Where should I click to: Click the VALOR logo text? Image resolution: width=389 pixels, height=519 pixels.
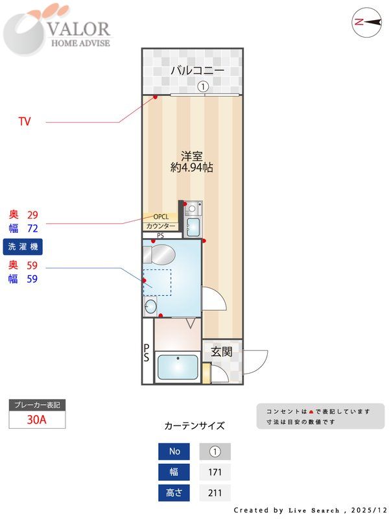pyautogui.click(x=79, y=29)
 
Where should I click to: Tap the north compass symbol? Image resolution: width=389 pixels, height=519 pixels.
pyautogui.click(x=366, y=21)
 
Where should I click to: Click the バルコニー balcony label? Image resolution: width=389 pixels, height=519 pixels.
pyautogui.click(x=197, y=71)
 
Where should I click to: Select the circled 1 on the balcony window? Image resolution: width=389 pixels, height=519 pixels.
pyautogui.click(x=202, y=86)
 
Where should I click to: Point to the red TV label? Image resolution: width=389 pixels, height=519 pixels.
pyautogui.click(x=25, y=121)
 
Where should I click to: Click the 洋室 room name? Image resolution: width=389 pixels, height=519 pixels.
pyautogui.click(x=192, y=156)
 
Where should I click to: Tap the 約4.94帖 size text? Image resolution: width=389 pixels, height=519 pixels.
pyautogui.click(x=192, y=167)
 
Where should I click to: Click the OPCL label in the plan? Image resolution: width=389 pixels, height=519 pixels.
pyautogui.click(x=161, y=217)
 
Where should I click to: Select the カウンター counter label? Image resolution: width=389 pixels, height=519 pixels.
pyautogui.click(x=160, y=226)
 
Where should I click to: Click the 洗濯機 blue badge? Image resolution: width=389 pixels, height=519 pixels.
pyautogui.click(x=23, y=247)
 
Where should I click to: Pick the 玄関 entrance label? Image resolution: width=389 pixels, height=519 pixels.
pyautogui.click(x=221, y=352)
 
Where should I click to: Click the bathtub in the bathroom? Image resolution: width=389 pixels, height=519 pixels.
pyautogui.click(x=178, y=367)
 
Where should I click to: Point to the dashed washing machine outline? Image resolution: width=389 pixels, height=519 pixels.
pyautogui.click(x=157, y=283)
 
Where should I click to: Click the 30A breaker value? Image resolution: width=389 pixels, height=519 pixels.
pyautogui.click(x=37, y=419)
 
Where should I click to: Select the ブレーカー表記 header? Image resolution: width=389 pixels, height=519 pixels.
pyautogui.click(x=37, y=405)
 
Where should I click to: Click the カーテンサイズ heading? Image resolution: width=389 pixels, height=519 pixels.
pyautogui.click(x=194, y=426)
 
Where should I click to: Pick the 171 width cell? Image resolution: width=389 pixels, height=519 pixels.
pyautogui.click(x=215, y=472)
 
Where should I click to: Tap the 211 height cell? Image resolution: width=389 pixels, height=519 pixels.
pyautogui.click(x=215, y=493)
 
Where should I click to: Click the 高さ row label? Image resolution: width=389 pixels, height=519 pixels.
pyautogui.click(x=174, y=493)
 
